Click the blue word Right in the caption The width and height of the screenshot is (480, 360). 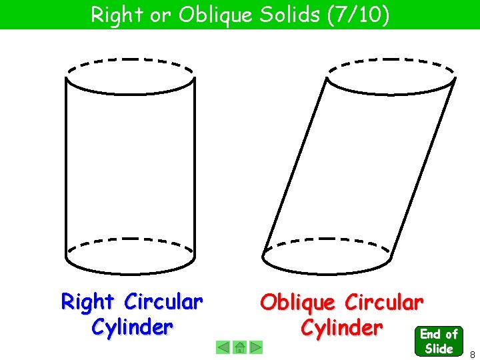pyautogui.click(x=87, y=303)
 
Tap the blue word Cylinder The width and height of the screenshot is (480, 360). pyautogui.click(x=131, y=327)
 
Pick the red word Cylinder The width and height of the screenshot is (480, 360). pyautogui.click(x=341, y=328)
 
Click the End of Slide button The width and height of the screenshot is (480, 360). pyautogui.click(x=438, y=341)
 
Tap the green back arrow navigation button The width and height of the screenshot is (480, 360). pyautogui.click(x=223, y=347)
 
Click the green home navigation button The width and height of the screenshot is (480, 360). pyautogui.click(x=240, y=347)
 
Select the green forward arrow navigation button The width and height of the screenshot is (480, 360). pyautogui.click(x=257, y=347)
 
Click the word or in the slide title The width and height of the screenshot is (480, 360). pyautogui.click(x=160, y=15)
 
